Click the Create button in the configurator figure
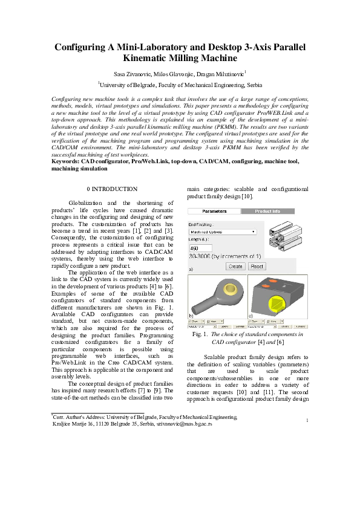235,266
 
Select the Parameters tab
214,212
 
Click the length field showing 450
201,248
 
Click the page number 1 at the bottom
307,437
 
